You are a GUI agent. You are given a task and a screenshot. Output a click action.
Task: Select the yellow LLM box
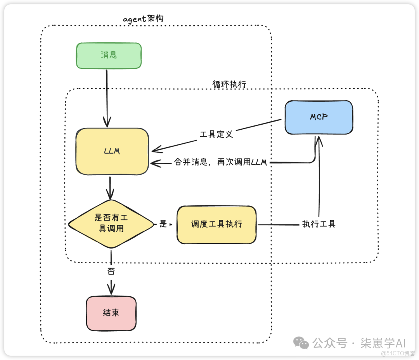coord(113,151)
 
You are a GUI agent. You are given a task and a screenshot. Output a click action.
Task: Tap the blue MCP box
coord(319,117)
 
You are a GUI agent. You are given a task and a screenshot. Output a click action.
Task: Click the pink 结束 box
coord(111,313)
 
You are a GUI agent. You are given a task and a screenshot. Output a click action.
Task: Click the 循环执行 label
coord(229,84)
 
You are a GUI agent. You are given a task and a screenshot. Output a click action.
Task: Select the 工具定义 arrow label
coord(216,134)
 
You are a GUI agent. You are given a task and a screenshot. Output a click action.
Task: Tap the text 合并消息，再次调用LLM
coord(220,163)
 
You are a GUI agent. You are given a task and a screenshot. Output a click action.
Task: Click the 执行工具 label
coord(319,224)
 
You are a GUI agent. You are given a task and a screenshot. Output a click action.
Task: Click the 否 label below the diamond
coord(111,271)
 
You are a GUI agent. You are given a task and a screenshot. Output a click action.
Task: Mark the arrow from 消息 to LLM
coord(106,97)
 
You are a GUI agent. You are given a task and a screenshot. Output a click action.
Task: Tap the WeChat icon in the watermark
coord(301,342)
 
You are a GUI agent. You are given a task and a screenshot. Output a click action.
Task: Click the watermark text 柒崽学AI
coord(383,343)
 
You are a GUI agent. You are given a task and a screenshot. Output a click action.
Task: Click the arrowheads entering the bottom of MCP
coord(318,141)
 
